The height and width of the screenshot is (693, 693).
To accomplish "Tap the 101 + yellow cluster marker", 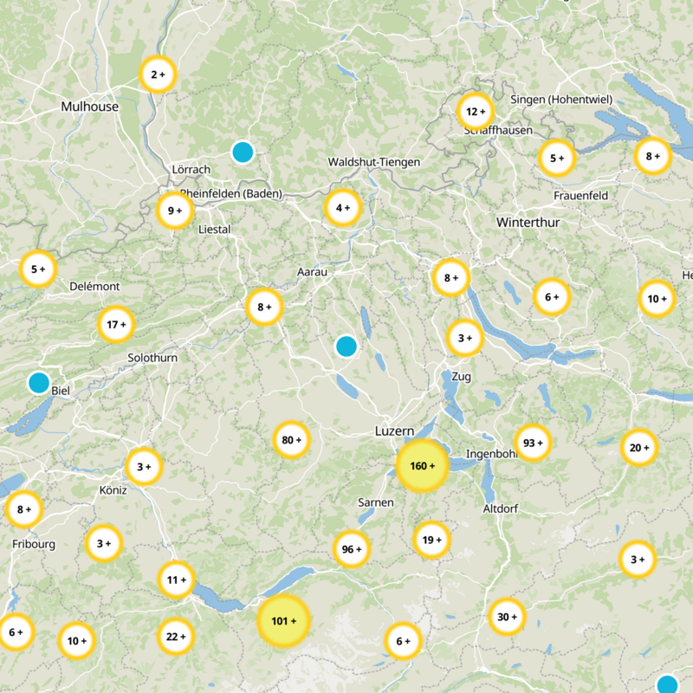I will [x=283, y=621].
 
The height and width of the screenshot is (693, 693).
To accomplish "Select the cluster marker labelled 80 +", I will [x=291, y=440].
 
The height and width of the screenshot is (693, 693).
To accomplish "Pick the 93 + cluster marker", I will [x=533, y=444].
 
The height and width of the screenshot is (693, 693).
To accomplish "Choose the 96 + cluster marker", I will [x=351, y=549].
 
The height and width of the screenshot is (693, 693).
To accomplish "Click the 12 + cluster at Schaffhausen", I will [x=474, y=112].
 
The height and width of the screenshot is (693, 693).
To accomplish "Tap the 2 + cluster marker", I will [x=158, y=75].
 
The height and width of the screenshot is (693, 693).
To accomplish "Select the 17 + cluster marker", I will [x=115, y=326].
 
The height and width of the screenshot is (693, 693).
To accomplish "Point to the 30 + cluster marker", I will [x=507, y=617].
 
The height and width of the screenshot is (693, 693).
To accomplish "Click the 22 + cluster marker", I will [x=176, y=637].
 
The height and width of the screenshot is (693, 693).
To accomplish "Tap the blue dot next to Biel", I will [x=39, y=382].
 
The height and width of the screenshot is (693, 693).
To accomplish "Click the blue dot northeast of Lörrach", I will [x=243, y=152].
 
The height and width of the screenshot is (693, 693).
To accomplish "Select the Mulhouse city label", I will [x=89, y=107].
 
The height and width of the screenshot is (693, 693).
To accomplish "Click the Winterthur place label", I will [x=528, y=223].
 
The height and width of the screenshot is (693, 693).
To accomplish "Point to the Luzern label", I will [x=395, y=431].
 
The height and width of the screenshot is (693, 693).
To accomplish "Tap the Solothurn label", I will [x=151, y=358].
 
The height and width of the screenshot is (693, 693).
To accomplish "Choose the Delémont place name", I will [x=94, y=286].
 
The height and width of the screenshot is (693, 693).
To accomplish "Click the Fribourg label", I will [x=34, y=544].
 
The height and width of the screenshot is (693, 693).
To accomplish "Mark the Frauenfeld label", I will [x=580, y=196].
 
